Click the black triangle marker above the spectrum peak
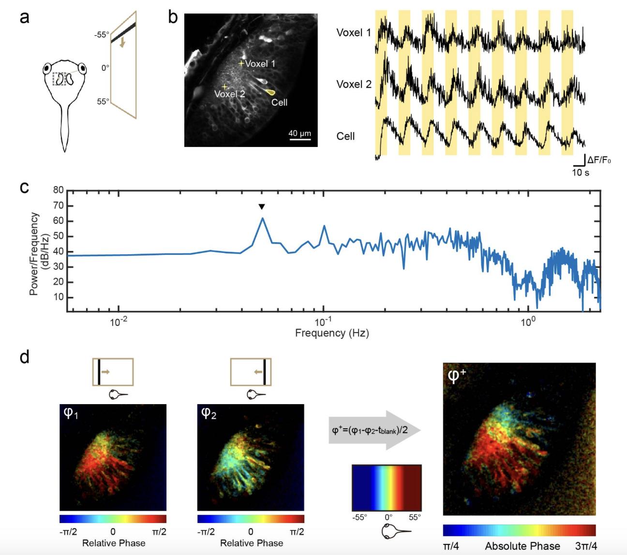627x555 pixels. pos(262,207)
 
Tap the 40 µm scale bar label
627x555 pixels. pos(299,133)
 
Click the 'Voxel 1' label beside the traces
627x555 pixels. pos(354,33)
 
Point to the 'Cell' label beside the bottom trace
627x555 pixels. pos(345,136)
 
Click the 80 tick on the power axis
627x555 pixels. pos(58,190)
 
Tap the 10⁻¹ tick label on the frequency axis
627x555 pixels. pos(323,321)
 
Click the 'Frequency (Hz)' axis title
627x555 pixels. pos(332,333)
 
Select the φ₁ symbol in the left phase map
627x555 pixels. pos(71,413)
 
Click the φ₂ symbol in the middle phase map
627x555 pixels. pos(209,413)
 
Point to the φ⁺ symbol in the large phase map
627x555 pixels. pos(456,375)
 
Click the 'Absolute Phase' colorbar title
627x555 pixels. pos(522,546)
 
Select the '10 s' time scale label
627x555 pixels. pos(581,173)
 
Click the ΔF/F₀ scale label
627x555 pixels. pos(599,160)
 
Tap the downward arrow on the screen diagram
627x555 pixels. pos(123,43)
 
